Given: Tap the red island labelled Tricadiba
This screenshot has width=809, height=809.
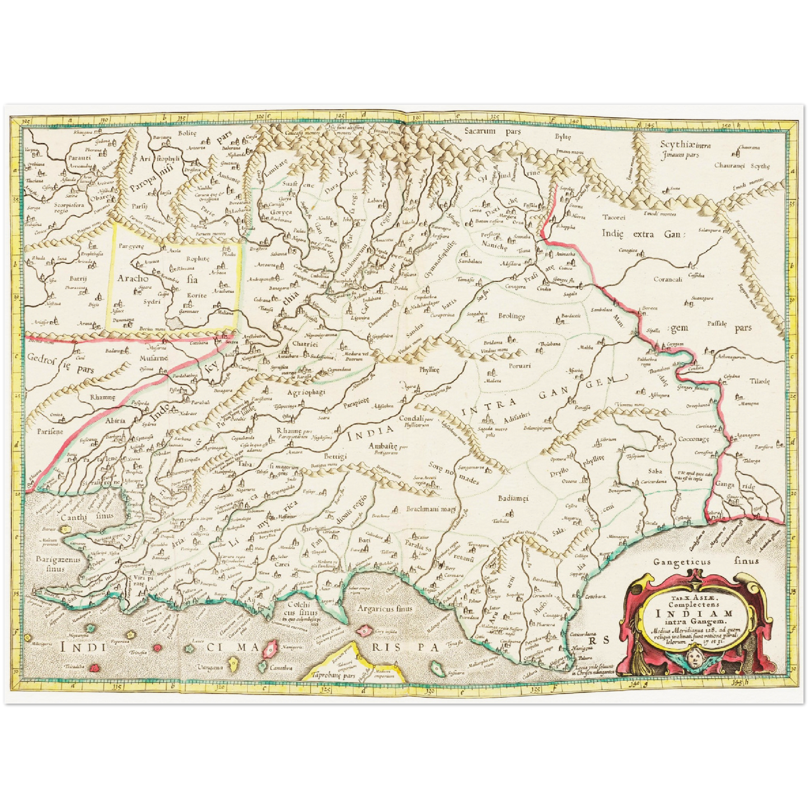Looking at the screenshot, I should [96, 667].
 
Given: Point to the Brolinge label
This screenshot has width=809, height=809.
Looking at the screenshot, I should [512, 316].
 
